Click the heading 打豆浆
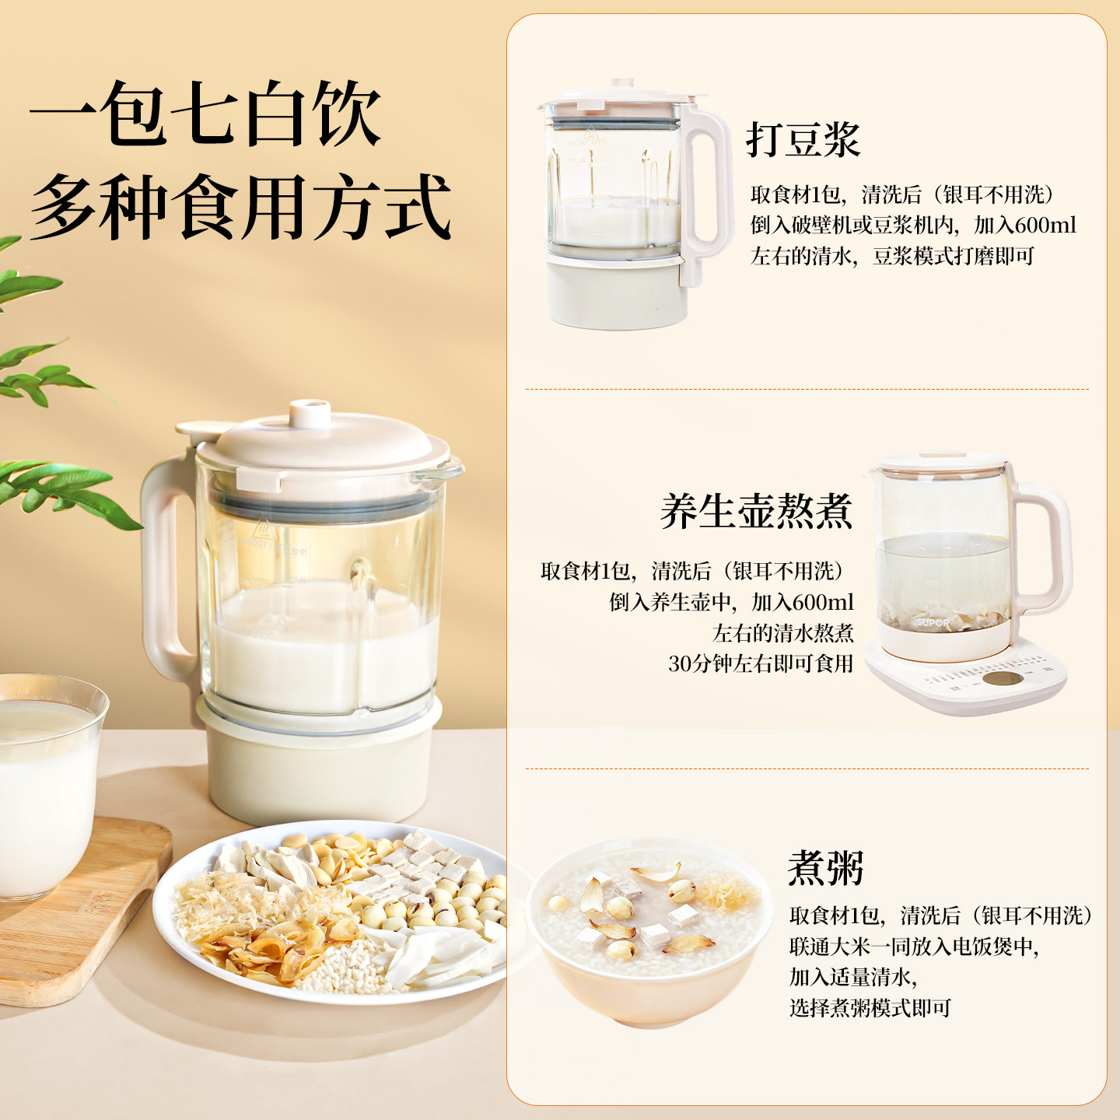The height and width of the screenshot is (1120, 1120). [803, 140]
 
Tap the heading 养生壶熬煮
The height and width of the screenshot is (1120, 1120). [756, 511]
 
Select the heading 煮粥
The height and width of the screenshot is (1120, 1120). [826, 867]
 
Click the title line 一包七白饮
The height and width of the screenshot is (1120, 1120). [205, 113]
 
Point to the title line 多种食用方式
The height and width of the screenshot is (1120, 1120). [240, 206]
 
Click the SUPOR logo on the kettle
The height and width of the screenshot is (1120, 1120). [933, 622]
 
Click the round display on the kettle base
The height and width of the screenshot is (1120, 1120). [1003, 678]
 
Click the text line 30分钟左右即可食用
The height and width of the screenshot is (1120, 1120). [760, 663]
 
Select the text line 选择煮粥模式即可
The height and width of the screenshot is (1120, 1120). [870, 1007]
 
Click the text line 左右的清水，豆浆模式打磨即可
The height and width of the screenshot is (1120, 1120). [892, 256]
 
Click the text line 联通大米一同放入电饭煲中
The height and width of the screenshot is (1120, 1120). [913, 947]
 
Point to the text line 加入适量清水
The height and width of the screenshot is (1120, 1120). [852, 977]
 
